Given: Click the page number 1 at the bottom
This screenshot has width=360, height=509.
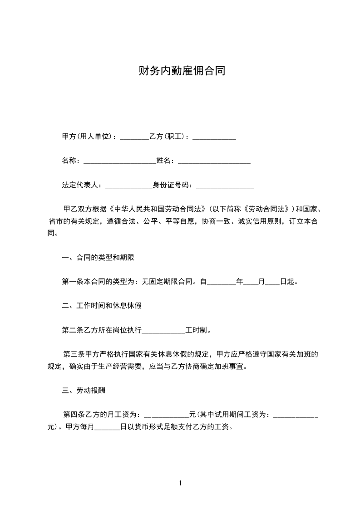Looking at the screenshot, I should tap(180, 483).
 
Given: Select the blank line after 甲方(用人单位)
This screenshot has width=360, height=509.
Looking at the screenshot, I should tap(134, 137).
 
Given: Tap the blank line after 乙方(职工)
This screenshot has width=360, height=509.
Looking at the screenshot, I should tap(214, 137).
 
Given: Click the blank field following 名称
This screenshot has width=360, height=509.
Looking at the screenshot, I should tap(120, 161).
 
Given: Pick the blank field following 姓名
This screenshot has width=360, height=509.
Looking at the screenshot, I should tap(214, 161).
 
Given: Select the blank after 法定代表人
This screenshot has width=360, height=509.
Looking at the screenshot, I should tap(128, 185).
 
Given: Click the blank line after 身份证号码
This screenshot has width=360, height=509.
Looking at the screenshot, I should tap(225, 185).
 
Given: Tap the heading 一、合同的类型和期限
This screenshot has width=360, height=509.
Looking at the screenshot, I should tap(98, 257).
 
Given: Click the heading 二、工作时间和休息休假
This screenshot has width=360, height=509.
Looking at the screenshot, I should tap(102, 305).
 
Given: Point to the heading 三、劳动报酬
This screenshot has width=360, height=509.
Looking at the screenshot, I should tap(84, 390).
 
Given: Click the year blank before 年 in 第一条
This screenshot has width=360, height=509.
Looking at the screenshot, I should tap(222, 282).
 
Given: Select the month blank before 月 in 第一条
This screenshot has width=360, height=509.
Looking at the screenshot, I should tap(251, 282).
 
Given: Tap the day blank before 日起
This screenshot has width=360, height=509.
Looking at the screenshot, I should tap(272, 282).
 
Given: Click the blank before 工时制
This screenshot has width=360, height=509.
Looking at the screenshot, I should tap(164, 330).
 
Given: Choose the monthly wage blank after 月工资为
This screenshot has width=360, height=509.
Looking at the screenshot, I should tap(166, 414).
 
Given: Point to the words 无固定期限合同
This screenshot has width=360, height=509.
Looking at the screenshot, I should tap(168, 282).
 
